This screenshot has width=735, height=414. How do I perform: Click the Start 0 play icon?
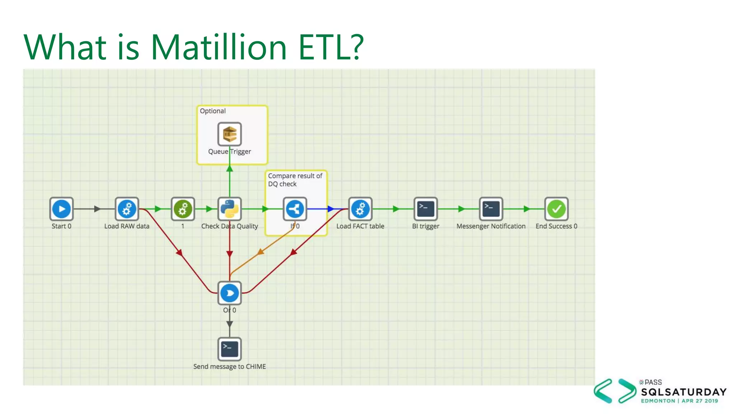pos(61,209)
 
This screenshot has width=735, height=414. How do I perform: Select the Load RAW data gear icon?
pos(127,209)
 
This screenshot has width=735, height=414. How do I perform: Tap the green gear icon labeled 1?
pos(183,209)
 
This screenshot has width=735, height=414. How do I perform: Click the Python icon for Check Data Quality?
pos(230,209)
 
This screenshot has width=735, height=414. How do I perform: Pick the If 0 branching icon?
pos(295,209)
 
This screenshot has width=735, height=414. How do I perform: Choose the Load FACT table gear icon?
pos(360,209)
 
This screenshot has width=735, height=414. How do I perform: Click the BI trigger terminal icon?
pos(426,209)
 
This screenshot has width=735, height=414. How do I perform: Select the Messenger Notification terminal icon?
pos(491,209)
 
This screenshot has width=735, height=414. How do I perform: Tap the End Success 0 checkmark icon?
pos(556,209)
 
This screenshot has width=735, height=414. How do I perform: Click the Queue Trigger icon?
pos(230,134)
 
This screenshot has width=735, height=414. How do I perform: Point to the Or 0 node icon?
pos(230,293)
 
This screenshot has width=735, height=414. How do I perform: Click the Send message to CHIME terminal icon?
pos(230,349)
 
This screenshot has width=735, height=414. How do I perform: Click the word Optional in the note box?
pos(213,111)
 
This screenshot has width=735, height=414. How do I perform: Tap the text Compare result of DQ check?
pos(295,180)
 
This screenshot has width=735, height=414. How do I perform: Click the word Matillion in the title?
pos(219,47)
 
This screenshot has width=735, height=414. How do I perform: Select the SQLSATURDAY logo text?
pos(684,392)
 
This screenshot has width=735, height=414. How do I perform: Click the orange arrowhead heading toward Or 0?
pos(261,252)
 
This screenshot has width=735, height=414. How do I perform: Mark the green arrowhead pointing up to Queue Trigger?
pos(230,168)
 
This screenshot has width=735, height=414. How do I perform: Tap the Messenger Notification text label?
pos(491,226)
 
